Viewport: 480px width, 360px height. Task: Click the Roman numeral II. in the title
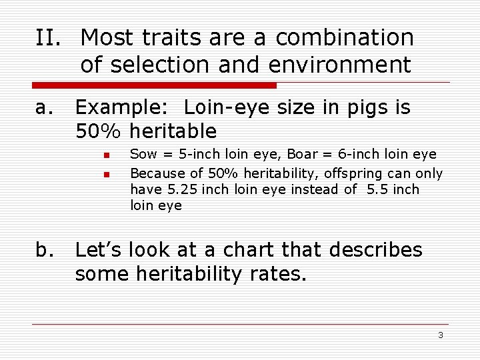50,38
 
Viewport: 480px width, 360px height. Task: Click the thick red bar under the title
154,85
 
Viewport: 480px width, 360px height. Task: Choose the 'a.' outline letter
45,107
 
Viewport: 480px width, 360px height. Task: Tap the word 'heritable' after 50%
174,131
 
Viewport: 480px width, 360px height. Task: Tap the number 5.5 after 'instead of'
376,189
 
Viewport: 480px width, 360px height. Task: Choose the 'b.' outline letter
45,250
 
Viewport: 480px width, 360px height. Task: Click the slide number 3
440,335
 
